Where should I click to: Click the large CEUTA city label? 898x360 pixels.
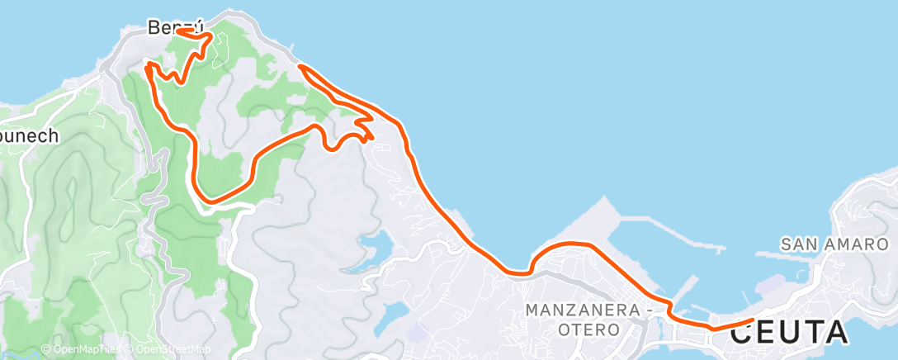(788, 333)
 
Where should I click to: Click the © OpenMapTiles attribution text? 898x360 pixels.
(83, 349)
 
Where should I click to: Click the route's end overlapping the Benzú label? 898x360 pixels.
(179, 31)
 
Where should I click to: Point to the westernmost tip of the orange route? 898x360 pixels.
(147, 65)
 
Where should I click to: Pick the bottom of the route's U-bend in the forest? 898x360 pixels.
(210, 199)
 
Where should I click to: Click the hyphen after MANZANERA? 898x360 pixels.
(645, 310)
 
